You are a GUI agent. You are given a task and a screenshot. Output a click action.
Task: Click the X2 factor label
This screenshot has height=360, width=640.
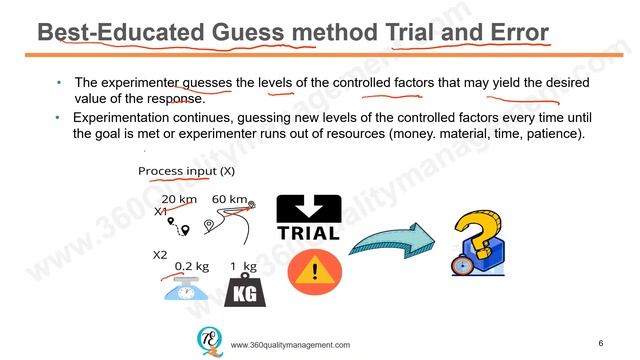[x=160, y=255]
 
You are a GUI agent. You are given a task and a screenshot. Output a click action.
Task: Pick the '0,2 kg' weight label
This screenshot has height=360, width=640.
[x=191, y=266]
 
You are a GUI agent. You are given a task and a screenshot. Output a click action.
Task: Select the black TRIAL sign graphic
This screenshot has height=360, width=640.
[x=307, y=217]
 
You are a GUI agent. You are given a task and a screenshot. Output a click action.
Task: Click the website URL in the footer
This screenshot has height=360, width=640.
[x=290, y=345]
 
